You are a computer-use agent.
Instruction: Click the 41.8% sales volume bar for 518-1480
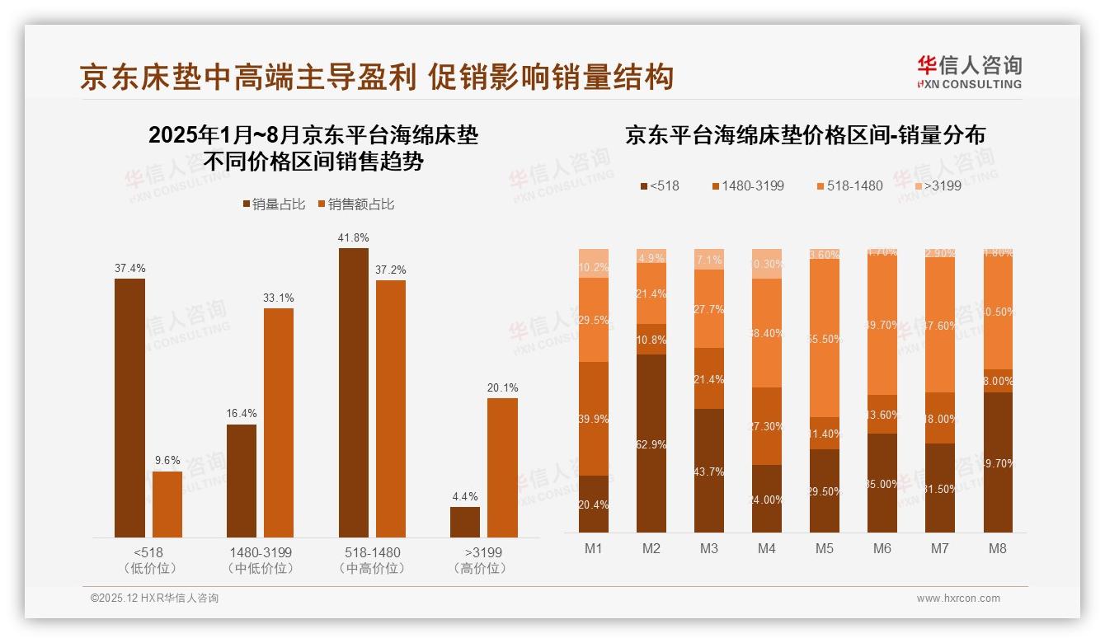353,392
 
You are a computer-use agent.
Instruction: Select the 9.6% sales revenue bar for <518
167,504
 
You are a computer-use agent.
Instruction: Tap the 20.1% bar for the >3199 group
502,467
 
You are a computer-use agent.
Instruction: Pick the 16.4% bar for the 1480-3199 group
242,481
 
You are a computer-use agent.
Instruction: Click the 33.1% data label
279,298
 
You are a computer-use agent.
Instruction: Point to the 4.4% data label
464,496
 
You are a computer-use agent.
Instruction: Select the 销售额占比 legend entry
355,204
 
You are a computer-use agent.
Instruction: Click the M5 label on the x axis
824,548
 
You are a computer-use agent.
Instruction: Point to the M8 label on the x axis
997,548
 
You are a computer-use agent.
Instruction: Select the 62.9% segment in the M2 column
651,444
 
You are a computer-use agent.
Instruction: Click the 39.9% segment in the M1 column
594,419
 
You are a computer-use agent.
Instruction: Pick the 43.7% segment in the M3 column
708,471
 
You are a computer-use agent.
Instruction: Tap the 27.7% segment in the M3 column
708,309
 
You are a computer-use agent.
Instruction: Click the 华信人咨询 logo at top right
969,73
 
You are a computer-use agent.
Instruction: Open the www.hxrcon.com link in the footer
957,598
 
